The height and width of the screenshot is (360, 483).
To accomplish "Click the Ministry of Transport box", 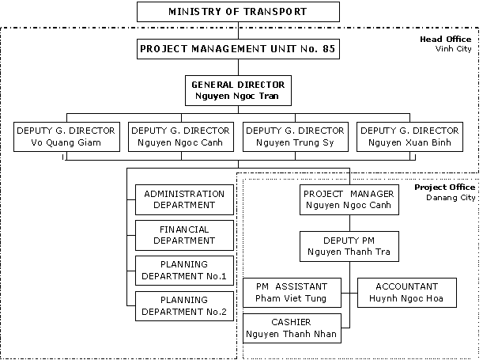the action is pos(238,12).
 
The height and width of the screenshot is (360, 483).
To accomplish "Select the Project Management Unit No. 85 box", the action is pos(238,49).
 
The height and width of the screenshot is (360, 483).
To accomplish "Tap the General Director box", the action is pos(238,90).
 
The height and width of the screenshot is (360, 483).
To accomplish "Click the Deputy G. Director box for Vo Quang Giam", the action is pos(66,137).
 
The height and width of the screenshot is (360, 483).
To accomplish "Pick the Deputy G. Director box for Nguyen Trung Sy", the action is pos(296,137).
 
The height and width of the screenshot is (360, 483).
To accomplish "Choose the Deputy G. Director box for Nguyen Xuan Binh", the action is pos(409,137).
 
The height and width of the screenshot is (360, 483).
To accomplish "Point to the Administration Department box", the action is pos(184,199).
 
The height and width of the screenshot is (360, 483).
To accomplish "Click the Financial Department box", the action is pos(184,235).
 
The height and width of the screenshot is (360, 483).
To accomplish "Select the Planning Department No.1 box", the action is pos(184,271).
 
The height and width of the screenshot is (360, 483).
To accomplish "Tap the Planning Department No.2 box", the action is pos(184,306).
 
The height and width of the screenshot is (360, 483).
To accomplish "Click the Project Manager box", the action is pos(349,199).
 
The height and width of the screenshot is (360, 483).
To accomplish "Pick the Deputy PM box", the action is pos(349,246).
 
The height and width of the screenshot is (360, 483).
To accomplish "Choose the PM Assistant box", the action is pos(292,293).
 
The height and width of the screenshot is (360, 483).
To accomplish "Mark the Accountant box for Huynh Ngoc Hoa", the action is pos(407,293).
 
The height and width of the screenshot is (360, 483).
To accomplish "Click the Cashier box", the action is pos(292,328).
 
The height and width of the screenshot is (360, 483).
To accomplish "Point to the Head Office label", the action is pos(445,39).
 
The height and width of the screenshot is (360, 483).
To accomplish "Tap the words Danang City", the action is pos(451,198).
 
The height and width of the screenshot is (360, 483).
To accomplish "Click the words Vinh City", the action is pos(453,49).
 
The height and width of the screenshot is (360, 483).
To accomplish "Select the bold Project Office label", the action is pos(444,188).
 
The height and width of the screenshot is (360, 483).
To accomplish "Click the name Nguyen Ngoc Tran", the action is pos(237,96).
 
